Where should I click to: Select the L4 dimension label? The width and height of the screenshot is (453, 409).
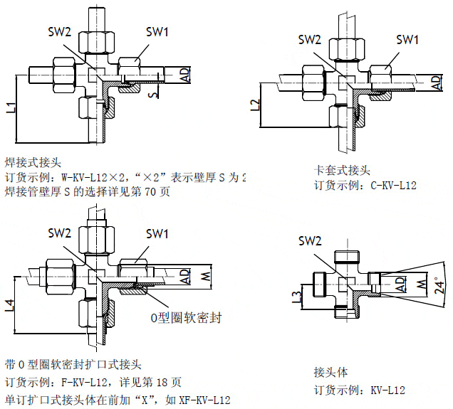point(10,306)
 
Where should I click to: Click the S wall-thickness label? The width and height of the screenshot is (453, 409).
point(152,92)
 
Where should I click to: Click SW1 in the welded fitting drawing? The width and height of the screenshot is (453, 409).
point(157,31)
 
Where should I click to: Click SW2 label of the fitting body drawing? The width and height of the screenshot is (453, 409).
point(310,241)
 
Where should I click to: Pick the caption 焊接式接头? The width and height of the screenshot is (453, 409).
point(33,162)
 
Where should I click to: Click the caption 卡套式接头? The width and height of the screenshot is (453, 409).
point(343,171)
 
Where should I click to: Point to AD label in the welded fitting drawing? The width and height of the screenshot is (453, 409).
point(184,74)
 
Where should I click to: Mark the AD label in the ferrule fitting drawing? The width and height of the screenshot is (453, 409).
point(435,83)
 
